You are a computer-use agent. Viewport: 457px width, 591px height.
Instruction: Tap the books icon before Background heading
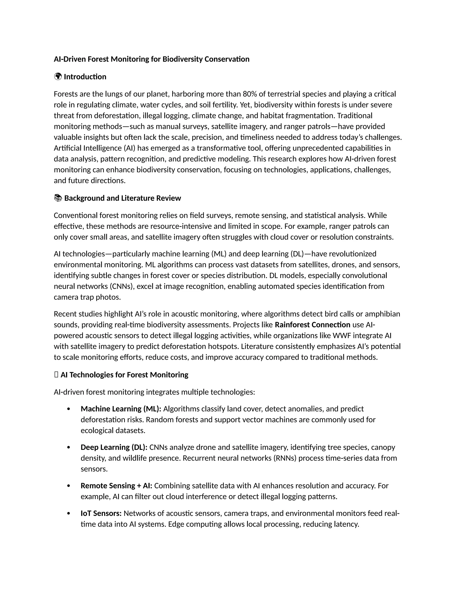point(58,198)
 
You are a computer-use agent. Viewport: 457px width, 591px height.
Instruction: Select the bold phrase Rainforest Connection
point(312,325)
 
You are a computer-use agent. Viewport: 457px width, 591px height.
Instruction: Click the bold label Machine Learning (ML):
point(121,409)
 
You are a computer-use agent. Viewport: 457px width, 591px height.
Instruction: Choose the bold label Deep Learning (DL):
point(114,447)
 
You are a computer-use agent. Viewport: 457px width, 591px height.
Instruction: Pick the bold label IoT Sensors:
point(101,513)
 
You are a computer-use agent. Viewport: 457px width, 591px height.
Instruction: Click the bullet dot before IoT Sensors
point(69,514)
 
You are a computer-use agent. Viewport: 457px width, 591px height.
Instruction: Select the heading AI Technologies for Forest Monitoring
point(124,375)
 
